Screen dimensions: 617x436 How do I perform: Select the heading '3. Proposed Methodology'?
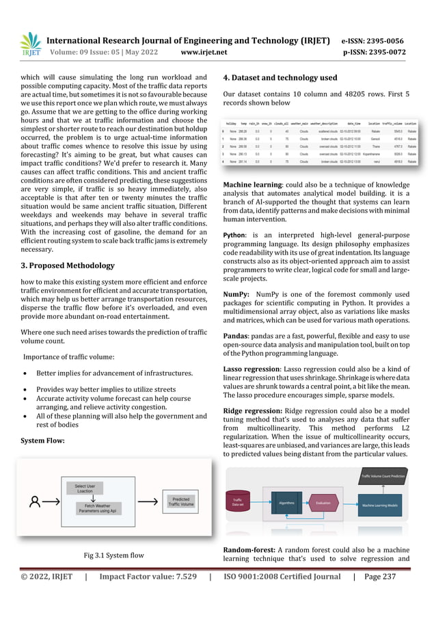67,266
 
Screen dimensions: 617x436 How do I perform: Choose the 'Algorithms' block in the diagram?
286,501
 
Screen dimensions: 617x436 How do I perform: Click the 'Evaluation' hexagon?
323,501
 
